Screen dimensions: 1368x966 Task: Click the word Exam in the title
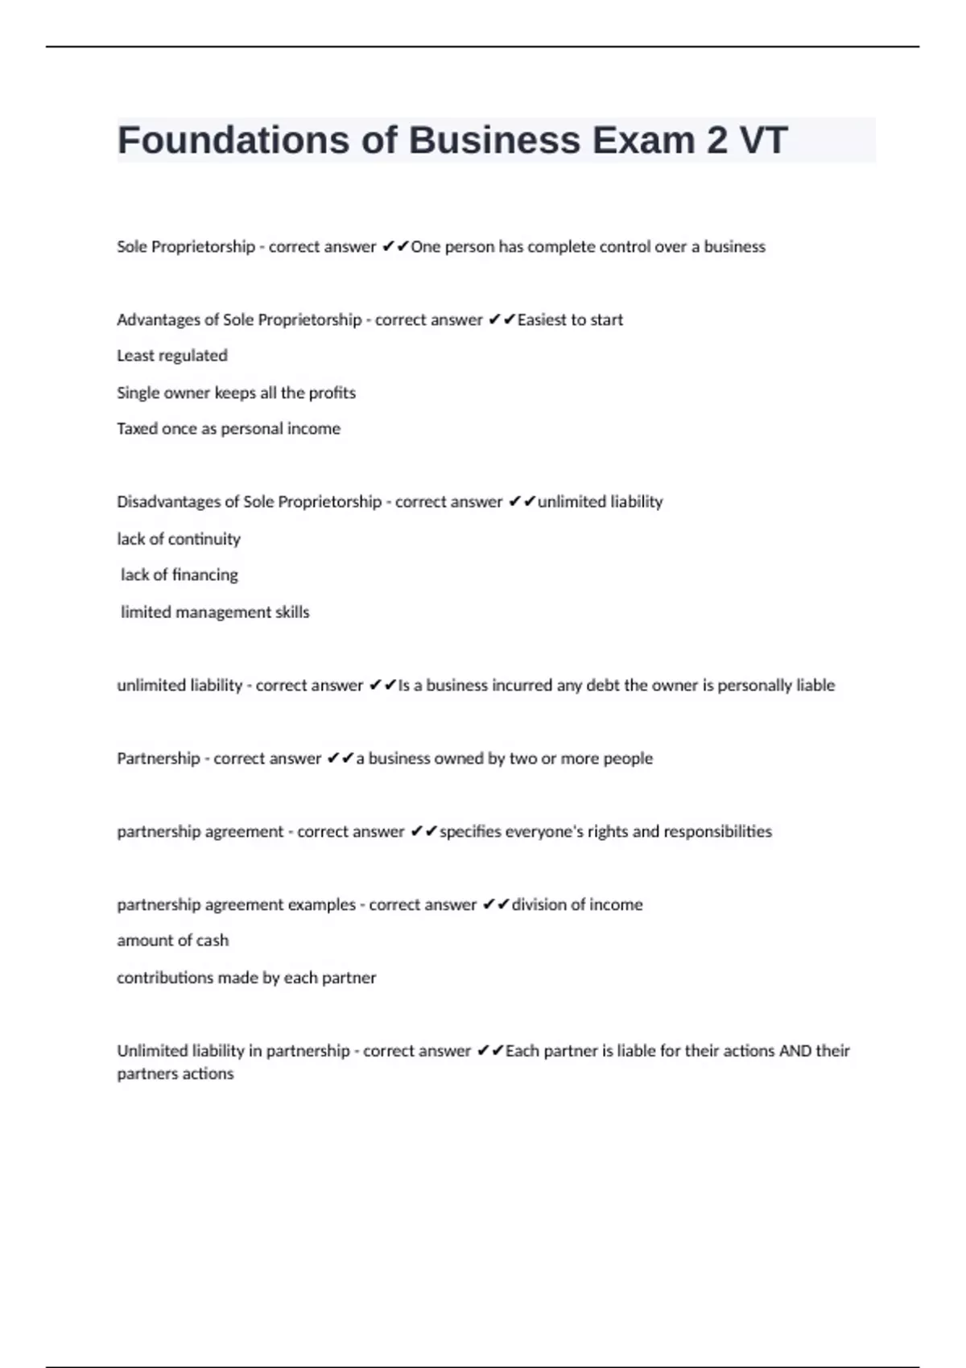(644, 140)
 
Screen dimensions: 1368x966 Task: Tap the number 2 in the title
(716, 140)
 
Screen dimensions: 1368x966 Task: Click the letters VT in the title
(763, 140)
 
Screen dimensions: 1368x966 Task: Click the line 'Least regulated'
(172, 356)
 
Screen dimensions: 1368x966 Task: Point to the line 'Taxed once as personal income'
(229, 429)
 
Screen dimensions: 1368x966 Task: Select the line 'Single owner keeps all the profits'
(236, 393)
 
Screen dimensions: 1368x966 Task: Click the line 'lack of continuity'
(179, 539)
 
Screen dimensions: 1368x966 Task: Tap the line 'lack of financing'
(180, 575)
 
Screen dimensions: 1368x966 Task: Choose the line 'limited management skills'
(215, 612)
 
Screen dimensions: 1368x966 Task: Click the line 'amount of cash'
(172, 941)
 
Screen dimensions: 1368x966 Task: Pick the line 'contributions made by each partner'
(246, 978)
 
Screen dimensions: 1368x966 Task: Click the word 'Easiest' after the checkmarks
(542, 320)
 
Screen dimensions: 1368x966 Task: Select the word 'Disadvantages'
(168, 502)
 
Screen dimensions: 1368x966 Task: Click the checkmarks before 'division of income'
(496, 904)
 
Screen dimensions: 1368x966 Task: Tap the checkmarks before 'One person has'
(395, 247)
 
